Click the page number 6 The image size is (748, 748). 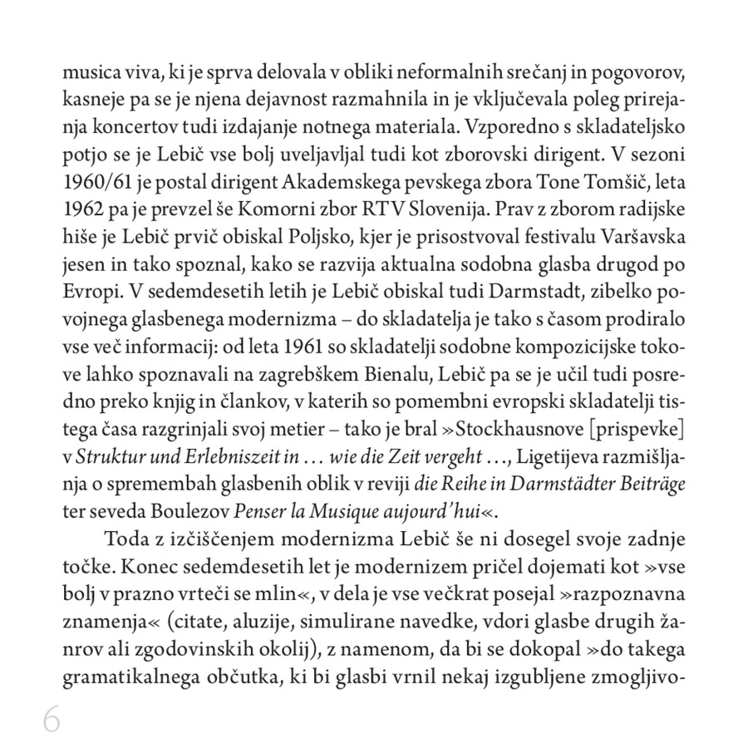[x=52, y=721]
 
